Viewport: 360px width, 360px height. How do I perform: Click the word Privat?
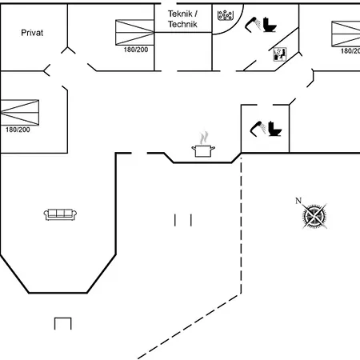point(32,33)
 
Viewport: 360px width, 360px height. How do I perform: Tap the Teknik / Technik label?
point(182,19)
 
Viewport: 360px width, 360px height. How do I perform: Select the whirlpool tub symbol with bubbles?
point(226,15)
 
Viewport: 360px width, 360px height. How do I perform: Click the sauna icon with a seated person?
point(280,54)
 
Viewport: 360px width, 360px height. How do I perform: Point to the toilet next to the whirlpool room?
point(270,25)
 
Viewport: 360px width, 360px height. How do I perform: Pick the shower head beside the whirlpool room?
point(253,25)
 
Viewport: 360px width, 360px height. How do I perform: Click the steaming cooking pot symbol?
point(203,145)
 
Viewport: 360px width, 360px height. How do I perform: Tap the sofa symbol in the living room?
point(60,214)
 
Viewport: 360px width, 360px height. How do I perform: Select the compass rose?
point(314,216)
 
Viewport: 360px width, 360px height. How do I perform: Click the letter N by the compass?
point(298,201)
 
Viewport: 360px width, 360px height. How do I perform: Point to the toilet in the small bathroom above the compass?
point(275,129)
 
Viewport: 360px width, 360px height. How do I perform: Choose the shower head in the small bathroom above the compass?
point(258,129)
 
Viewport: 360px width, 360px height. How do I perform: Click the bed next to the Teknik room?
point(134,32)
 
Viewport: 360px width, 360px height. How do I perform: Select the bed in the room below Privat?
point(20,112)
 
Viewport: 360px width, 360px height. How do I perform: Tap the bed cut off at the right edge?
point(346,34)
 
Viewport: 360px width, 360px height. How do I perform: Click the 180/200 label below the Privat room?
point(18,130)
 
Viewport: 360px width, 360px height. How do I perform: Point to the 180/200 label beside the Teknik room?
point(136,50)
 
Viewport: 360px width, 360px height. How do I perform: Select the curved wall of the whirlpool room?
point(238,26)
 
